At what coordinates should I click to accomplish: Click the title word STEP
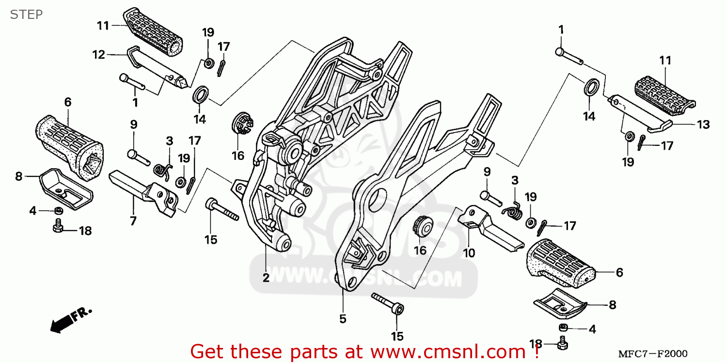26,15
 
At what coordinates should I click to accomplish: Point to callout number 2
266,278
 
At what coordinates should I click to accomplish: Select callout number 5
343,319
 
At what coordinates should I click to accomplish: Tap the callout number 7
132,221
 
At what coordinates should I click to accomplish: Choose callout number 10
469,253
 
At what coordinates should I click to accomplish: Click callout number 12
99,55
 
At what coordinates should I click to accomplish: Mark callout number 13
704,125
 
